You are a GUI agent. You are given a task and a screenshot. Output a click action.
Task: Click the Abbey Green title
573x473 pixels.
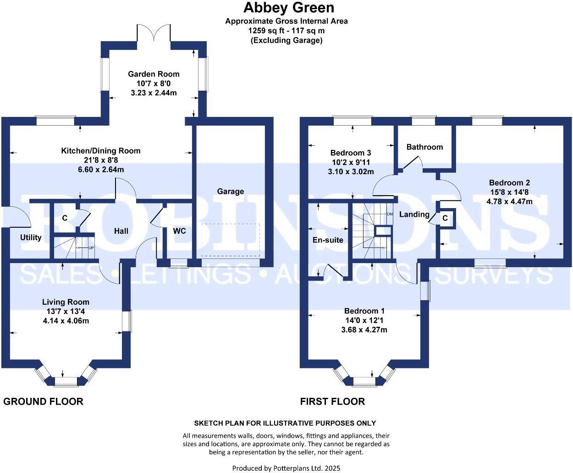coord(288,8)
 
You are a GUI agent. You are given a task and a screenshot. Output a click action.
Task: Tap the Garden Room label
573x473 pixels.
coord(154,74)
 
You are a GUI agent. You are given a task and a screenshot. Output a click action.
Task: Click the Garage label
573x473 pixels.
coord(230,191)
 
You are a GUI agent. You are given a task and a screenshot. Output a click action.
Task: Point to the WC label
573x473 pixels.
coord(179,231)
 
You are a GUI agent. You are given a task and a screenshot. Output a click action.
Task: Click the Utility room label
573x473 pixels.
coord(31,237)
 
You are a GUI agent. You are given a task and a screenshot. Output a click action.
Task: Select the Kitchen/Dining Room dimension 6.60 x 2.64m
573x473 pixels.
coord(101,170)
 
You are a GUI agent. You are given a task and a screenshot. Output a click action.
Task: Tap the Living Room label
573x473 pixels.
coord(66,302)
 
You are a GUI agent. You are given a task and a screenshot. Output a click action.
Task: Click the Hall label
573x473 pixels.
coord(121,231)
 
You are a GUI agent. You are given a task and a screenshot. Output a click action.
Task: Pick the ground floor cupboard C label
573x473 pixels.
coord(65,218)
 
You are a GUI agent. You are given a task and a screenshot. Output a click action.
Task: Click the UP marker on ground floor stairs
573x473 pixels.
coord(91,247)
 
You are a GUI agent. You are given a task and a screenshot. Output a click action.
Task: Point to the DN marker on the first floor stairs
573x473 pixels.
coord(389,214)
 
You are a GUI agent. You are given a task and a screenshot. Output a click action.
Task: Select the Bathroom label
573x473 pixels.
coord(424,147)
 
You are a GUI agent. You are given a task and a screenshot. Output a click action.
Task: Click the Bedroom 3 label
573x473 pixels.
coord(351,153)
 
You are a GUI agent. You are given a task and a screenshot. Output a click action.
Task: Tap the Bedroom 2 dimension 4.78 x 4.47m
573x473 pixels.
coord(509,201)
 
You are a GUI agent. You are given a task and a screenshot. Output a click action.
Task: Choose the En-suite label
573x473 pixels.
coord(328,240)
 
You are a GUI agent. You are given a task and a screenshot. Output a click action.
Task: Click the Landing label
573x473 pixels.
coord(414,214)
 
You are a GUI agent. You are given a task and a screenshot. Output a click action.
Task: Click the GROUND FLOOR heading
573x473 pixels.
coord(43,401)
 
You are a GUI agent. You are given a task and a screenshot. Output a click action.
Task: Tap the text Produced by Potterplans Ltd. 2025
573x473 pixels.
coord(286,468)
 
